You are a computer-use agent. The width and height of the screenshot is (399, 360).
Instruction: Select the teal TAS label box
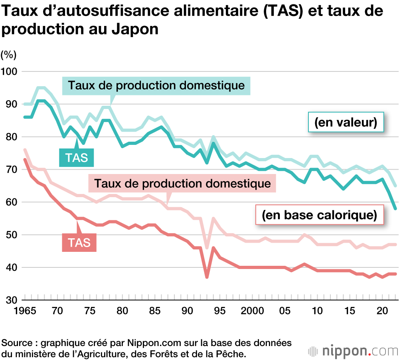coord(77,157)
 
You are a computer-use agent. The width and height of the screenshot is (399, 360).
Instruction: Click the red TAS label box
coord(79,243)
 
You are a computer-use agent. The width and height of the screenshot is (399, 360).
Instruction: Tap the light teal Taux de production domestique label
coord(156,85)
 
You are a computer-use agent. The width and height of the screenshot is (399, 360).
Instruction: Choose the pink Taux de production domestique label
coord(182,184)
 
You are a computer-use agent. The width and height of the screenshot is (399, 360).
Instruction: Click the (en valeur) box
coord(346,122)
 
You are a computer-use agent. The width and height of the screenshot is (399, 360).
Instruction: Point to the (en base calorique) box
coord(319,216)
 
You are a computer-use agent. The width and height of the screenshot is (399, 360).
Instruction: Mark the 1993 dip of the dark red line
coord(207,277)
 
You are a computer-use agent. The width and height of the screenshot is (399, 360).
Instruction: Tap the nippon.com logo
coord(353,351)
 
